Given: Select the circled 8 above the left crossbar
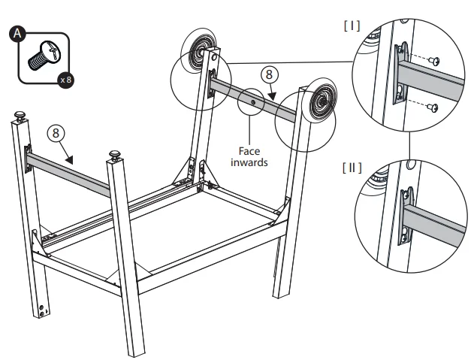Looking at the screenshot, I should point(55,133).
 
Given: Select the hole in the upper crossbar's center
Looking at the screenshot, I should point(254,101).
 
